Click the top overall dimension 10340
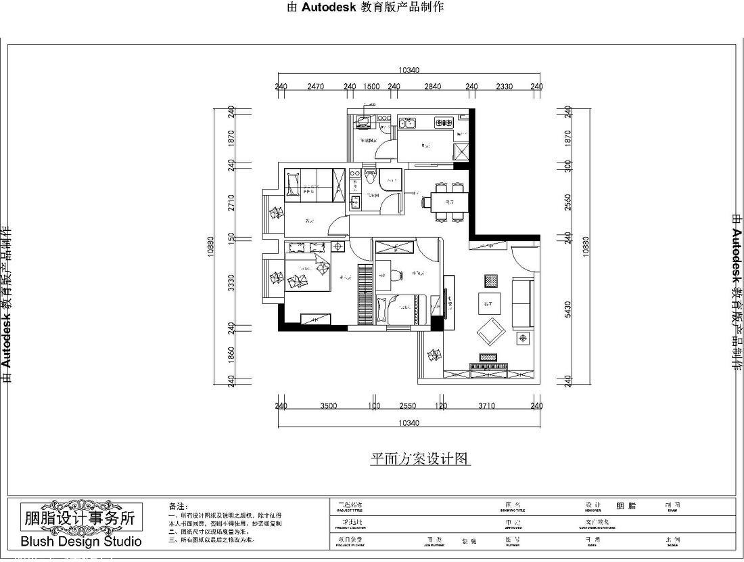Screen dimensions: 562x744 click(409, 70)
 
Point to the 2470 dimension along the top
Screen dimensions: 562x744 click(315, 87)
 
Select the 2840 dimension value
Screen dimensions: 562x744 click(432, 87)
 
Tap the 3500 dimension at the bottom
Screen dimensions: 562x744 click(328, 406)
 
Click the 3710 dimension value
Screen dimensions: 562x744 click(486, 406)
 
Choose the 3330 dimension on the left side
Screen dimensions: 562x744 click(231, 284)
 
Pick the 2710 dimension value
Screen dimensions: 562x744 click(231, 202)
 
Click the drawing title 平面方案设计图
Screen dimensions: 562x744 click(419, 459)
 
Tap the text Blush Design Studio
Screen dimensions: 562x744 click(81, 541)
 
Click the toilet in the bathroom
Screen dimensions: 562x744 click(369, 178)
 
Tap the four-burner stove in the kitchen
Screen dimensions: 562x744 click(443, 123)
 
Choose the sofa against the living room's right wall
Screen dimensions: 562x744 click(522, 301)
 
